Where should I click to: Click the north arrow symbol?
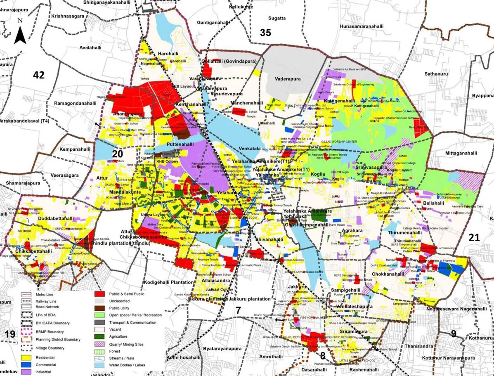(x=20, y=33)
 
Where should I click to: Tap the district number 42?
(x=39, y=75)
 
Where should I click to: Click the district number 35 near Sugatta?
(x=265, y=32)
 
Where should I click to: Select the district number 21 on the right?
(x=474, y=237)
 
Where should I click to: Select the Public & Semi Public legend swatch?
(x=99, y=294)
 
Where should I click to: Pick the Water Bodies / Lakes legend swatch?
(x=99, y=365)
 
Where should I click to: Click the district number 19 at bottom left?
(x=10, y=334)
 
